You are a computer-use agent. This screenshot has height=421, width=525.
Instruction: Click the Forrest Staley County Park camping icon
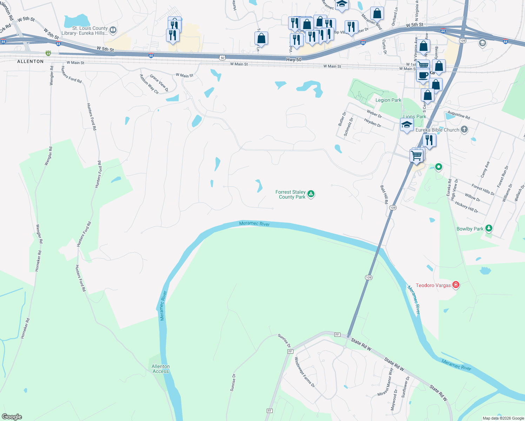point(311,194)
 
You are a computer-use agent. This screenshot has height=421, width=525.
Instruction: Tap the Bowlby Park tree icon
point(489,228)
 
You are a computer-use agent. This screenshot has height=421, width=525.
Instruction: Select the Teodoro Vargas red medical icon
point(456,285)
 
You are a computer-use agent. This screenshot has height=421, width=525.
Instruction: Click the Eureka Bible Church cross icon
point(464,129)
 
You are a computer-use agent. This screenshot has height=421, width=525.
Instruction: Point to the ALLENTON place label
point(31,61)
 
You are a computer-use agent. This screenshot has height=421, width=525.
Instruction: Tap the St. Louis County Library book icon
point(113,30)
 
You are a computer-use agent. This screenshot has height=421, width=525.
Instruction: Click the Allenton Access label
point(161,369)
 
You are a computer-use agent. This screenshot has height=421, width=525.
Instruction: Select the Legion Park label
point(388,100)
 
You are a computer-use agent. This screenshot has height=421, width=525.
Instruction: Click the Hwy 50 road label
point(294,60)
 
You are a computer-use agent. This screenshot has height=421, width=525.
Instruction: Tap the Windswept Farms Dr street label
point(304,372)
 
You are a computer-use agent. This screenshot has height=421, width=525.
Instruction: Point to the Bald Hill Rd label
point(384,194)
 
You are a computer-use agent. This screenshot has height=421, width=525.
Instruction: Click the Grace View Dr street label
point(159,83)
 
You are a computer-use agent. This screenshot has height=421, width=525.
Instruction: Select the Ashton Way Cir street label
point(149,84)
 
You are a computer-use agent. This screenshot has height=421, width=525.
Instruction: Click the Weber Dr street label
point(374,113)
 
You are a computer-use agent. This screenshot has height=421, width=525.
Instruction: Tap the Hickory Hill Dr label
point(466,207)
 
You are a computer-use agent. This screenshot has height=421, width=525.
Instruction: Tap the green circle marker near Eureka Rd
point(438,167)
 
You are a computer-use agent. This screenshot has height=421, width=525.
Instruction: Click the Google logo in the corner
point(12,417)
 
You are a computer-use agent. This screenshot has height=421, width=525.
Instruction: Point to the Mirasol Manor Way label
point(385,382)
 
